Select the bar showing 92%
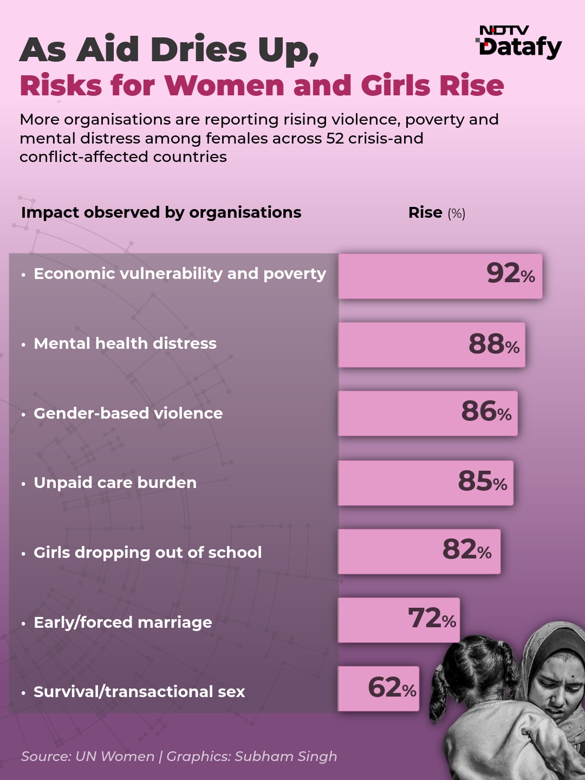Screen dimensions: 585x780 (x=440, y=276)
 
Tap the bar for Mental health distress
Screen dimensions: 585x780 (x=432, y=344)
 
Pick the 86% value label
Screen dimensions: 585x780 (x=486, y=412)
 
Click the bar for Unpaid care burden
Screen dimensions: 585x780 (x=426, y=483)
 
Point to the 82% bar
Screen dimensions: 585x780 (x=419, y=551)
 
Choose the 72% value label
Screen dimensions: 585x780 (x=432, y=618)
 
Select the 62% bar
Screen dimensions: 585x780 (x=379, y=688)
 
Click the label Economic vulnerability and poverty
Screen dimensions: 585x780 (x=180, y=274)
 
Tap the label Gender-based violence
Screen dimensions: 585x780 (x=128, y=413)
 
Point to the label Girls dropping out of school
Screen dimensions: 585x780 (x=148, y=552)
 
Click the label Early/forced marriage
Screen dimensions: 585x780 (x=123, y=622)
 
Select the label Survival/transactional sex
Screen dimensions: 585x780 (x=139, y=692)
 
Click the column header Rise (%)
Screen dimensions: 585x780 (x=437, y=212)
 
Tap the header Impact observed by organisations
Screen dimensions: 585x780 (x=161, y=212)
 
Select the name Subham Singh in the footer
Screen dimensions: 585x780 (x=285, y=757)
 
